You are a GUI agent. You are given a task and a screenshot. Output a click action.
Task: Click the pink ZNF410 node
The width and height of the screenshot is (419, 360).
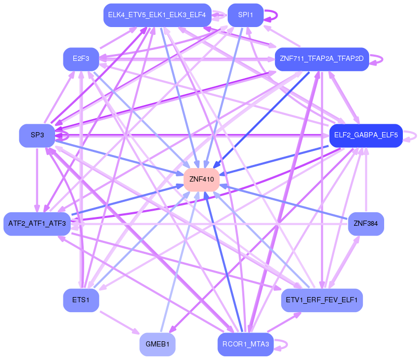coord(202,179)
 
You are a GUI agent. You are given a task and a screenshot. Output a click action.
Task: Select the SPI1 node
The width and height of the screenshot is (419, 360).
coord(245,15)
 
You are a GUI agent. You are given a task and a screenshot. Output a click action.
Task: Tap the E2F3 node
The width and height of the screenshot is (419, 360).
coord(81,59)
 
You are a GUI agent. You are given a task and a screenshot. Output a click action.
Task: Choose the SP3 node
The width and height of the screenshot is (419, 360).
coord(37,135)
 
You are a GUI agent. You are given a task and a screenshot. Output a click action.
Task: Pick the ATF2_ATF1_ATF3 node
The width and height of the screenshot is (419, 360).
coord(37,224)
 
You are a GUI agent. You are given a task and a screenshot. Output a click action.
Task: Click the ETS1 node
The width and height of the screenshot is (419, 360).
coord(81,300)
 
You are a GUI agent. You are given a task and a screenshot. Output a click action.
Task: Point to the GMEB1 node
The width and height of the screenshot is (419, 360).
coord(158,344)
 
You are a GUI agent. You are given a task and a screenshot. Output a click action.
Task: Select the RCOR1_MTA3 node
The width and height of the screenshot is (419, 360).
coord(245,344)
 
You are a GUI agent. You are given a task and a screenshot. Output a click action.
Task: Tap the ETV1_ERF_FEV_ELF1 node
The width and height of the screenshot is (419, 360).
coord(322,300)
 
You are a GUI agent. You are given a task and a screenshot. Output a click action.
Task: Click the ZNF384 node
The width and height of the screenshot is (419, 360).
coord(366,224)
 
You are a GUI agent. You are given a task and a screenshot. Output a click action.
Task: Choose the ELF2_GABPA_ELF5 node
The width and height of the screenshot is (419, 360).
coord(366,135)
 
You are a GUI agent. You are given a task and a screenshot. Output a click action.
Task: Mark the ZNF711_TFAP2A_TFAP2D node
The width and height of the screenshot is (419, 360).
coord(322,59)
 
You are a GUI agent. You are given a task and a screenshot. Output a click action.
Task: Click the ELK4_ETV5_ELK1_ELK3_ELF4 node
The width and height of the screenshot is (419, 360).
coord(158,15)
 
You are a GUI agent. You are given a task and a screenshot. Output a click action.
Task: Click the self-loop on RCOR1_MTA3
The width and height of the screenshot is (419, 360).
coord(281,345)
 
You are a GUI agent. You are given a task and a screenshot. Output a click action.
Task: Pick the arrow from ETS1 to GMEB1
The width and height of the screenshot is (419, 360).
coord(120,323)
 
